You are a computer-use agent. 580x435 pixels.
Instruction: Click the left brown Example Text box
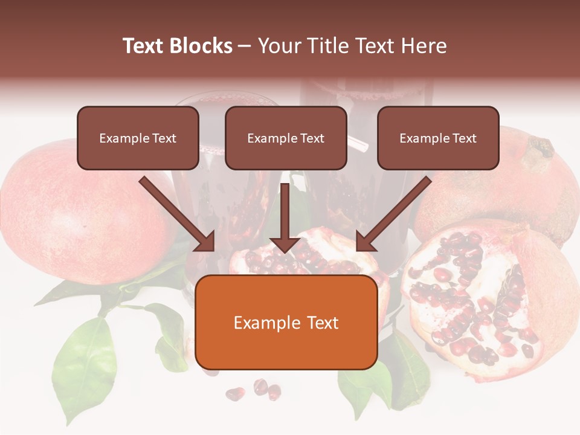pyautogui.click(x=138, y=138)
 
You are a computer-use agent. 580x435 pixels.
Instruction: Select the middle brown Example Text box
pyautogui.click(x=286, y=138)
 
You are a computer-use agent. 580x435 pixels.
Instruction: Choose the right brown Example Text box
pyautogui.click(x=438, y=138)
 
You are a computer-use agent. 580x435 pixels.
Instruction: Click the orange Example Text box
pyautogui.click(x=286, y=323)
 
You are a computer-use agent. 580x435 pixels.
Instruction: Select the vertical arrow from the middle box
pyautogui.click(x=285, y=211)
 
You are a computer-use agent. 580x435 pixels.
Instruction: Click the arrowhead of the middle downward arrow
pyautogui.click(x=285, y=243)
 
